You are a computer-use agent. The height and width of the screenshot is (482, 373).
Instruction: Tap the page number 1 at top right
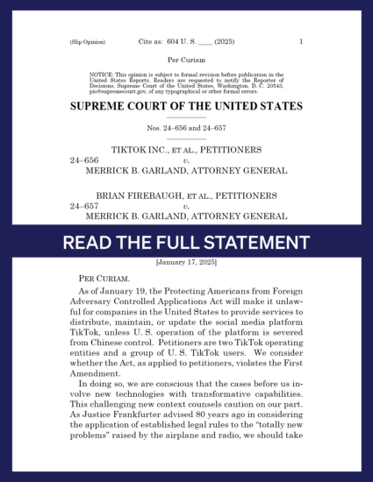click(300, 42)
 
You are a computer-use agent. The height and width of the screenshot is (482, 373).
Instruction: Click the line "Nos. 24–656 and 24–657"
click(186, 128)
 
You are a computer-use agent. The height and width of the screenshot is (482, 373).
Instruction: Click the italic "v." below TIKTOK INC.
click(186, 161)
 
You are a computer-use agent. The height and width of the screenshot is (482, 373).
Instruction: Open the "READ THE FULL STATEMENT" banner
click(186, 241)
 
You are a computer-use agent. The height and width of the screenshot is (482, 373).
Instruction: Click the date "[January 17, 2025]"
click(186, 262)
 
